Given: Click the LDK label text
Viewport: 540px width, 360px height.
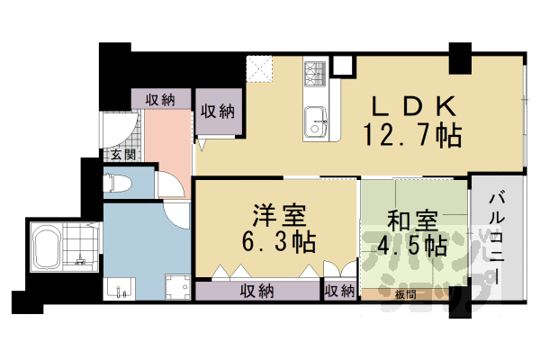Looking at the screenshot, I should [411, 104].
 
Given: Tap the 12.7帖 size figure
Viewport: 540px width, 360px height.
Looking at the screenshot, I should [412, 136].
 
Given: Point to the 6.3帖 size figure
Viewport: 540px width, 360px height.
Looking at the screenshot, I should [278, 243].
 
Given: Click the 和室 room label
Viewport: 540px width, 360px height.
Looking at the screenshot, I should [413, 219].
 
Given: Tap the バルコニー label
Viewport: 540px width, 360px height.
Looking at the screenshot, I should [497, 236].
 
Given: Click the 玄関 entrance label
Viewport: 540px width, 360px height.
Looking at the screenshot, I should [122, 154].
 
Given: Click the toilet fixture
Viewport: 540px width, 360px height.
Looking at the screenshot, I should [118, 184].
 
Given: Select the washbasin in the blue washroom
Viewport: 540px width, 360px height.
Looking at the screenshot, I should [119, 288].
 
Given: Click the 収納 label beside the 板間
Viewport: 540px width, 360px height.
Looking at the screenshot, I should [340, 290].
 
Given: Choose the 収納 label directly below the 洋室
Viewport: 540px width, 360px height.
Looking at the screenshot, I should [257, 290].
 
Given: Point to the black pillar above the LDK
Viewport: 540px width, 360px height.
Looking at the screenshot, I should [460, 58].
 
